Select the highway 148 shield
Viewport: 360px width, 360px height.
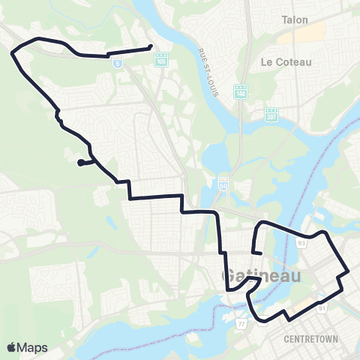pyautogui.click(x=240, y=91)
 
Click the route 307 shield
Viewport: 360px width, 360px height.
pyautogui.click(x=271, y=115)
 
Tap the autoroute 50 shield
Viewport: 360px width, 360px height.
pyautogui.click(x=223, y=182)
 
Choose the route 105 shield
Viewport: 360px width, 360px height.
pyautogui.click(x=162, y=60)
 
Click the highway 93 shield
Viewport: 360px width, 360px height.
pyautogui.click(x=301, y=243)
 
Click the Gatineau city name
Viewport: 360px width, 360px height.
pyautogui.click(x=262, y=277)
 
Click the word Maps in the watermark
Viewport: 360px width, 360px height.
pyautogui.click(x=32, y=347)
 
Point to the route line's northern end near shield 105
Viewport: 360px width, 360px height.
pyautogui.click(x=151, y=46)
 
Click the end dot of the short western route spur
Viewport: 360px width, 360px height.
pyautogui.click(x=79, y=162)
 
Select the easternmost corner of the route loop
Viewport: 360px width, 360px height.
pyautogui.click(x=349, y=271)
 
